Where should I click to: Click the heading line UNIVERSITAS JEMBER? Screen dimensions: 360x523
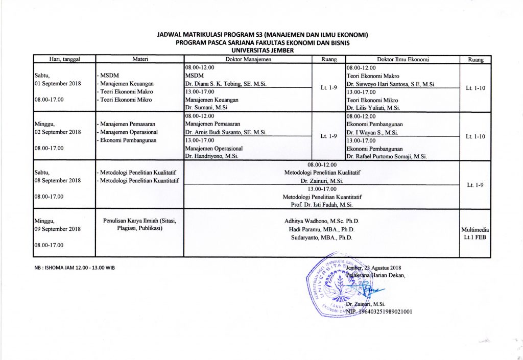(263, 51)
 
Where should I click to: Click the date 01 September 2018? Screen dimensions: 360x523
(58, 84)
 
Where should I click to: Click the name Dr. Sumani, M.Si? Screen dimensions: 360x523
(206, 108)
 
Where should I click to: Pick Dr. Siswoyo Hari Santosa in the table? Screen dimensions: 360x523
(391, 84)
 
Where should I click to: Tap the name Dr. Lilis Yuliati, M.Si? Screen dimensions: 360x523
(373, 108)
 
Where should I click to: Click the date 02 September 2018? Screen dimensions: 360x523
(58, 132)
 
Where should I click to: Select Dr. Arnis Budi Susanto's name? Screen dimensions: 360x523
(225, 132)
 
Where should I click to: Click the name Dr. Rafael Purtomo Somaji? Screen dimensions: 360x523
(386, 156)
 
